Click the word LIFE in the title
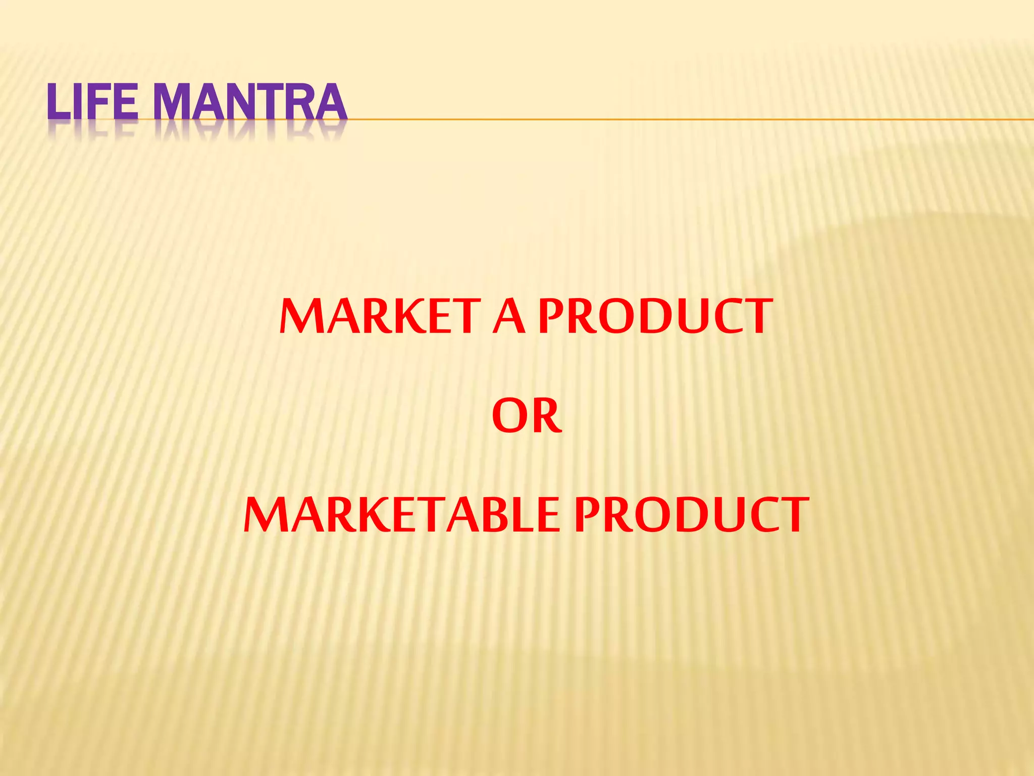92,103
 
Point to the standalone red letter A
509,317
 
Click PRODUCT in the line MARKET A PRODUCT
655,317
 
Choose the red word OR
527,416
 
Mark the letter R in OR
546,416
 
